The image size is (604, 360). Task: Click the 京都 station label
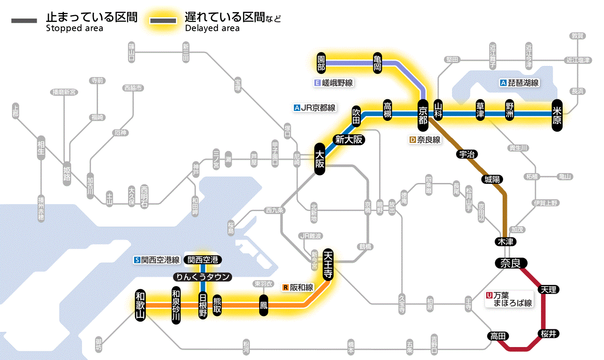click(x=423, y=114)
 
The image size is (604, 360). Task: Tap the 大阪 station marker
click(x=319, y=159)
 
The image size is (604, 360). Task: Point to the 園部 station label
click(x=321, y=63)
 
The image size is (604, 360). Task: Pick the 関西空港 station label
click(x=203, y=260)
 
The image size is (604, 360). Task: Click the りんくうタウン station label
click(x=202, y=277)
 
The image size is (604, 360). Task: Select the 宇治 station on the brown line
click(x=467, y=154)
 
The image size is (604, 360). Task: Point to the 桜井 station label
click(x=549, y=333)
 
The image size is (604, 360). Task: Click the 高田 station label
click(x=498, y=336)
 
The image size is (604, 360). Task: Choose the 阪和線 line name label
click(x=299, y=287)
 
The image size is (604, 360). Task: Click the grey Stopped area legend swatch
click(x=25, y=21)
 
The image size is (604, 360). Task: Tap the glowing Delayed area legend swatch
click(x=164, y=21)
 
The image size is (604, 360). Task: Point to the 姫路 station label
click(x=67, y=174)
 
